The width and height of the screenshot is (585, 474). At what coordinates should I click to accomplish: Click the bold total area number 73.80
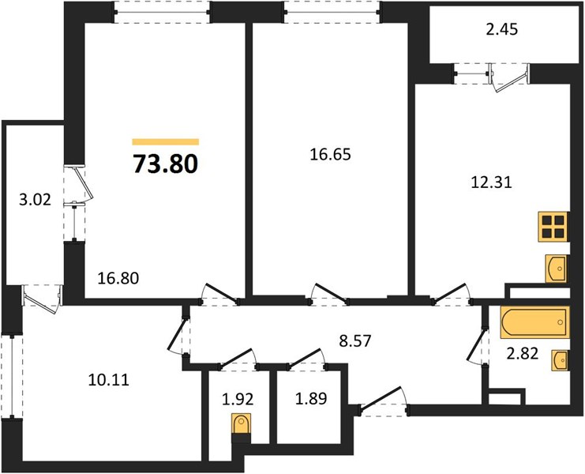[165, 164]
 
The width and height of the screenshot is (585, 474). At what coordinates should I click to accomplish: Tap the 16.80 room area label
[118, 278]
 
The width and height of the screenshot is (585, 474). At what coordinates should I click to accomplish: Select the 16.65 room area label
[330, 154]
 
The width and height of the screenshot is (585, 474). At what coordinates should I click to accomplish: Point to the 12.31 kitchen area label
[491, 182]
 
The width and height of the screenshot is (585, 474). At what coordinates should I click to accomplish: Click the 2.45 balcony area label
[502, 29]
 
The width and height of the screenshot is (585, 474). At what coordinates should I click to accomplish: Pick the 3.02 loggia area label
[35, 201]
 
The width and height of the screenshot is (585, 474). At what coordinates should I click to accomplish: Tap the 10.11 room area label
[109, 380]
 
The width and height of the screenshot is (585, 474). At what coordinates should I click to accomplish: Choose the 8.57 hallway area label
[355, 340]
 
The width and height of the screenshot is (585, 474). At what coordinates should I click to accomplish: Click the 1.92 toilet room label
[238, 399]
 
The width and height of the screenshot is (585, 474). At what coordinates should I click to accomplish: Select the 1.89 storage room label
[311, 398]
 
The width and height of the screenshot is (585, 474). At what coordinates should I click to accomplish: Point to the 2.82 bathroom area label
[523, 353]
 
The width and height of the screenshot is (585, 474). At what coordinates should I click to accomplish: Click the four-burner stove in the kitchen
[553, 227]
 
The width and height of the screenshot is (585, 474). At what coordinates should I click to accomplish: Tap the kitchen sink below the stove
[557, 269]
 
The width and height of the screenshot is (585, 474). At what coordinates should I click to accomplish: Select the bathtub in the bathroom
[535, 322]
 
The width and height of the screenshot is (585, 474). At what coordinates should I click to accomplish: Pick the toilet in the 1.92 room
[241, 426]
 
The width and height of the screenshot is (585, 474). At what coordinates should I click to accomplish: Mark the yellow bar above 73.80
[165, 141]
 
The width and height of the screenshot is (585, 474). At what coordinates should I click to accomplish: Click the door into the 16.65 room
[330, 294]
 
